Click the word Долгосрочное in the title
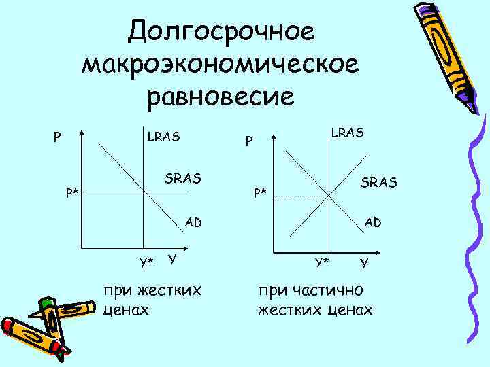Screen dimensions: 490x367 [x=221, y=30]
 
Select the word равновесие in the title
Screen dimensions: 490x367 [x=221, y=96]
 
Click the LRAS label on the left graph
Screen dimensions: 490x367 [x=164, y=137]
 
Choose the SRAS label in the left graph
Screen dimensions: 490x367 [x=183, y=179]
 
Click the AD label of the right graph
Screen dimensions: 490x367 [x=373, y=222]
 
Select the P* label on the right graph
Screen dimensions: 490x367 [x=261, y=192]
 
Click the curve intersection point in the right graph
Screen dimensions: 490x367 [x=327, y=196]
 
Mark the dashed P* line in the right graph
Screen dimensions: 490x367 [x=299, y=196]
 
